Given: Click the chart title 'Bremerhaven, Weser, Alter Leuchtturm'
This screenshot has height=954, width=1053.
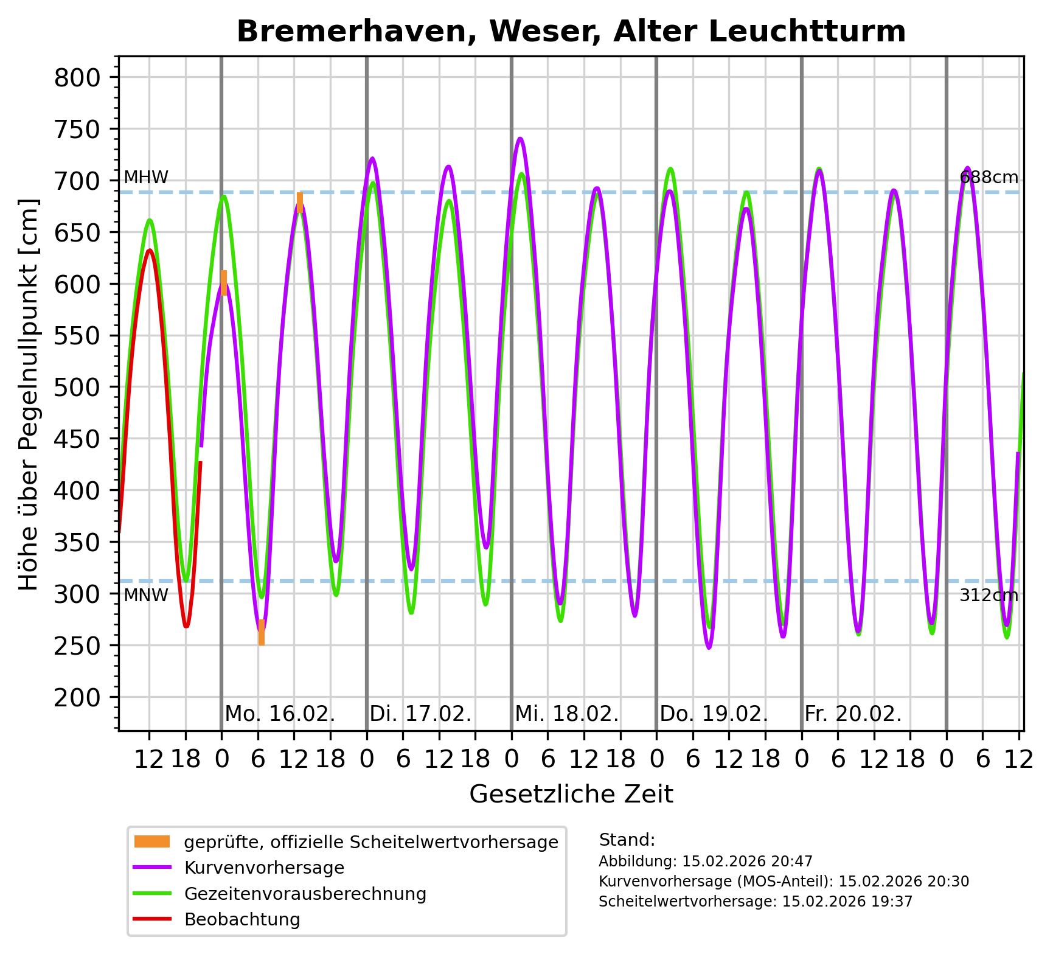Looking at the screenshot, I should [x=571, y=32].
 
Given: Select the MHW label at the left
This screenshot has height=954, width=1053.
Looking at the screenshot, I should [x=146, y=178].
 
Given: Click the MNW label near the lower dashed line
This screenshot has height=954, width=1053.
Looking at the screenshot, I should [x=146, y=595].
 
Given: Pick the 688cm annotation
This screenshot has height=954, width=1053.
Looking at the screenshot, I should [x=989, y=178].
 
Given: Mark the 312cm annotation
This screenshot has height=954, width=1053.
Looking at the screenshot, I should [x=989, y=596].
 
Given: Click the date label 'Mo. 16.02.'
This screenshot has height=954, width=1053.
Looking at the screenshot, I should [x=280, y=714].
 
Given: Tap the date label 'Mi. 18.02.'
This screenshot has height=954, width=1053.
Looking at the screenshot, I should [x=567, y=714].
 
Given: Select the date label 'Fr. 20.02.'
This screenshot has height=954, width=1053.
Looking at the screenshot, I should [x=853, y=714].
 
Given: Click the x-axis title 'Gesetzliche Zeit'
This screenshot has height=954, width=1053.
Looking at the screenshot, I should [x=571, y=794].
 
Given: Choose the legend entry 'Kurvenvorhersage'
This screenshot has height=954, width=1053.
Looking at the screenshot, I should [x=264, y=868].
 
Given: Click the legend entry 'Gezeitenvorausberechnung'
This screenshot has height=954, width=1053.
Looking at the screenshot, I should [x=305, y=894].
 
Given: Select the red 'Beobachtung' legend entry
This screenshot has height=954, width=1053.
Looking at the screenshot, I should [x=242, y=919].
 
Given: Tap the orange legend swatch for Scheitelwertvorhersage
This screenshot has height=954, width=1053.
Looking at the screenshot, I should [x=152, y=842].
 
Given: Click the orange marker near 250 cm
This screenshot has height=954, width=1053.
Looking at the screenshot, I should [x=262, y=633].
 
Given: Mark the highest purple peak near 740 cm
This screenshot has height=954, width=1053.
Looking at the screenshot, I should [x=520, y=139].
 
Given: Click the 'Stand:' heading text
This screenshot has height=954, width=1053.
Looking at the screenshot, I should [x=627, y=840].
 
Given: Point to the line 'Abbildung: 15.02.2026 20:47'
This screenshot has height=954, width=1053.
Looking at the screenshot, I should [x=705, y=862].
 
